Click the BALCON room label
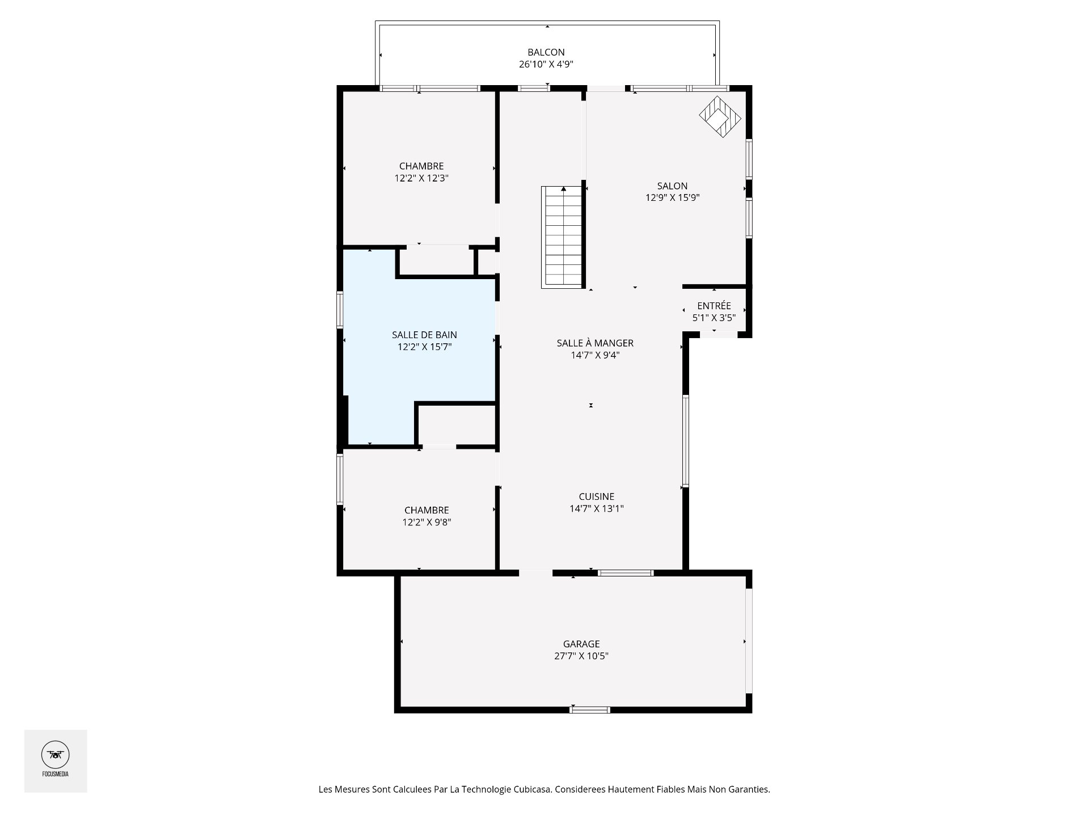[x=546, y=52]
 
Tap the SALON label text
[x=672, y=186]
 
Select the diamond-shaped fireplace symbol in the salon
[x=720, y=117]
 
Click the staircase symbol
[x=562, y=237]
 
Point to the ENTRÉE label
[x=714, y=306]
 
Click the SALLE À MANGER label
[x=595, y=343]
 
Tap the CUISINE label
[x=596, y=496]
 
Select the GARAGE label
[x=581, y=644]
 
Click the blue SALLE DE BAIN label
[x=424, y=335]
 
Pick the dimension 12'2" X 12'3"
[x=421, y=178]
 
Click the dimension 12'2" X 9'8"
[x=427, y=523]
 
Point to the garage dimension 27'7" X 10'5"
[x=581, y=656]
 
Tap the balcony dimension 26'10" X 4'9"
[x=546, y=64]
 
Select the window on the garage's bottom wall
[x=590, y=709]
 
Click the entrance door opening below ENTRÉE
[x=719, y=335]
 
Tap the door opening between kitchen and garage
[x=535, y=573]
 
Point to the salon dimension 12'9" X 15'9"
[x=672, y=197]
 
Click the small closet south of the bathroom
[x=457, y=424]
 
